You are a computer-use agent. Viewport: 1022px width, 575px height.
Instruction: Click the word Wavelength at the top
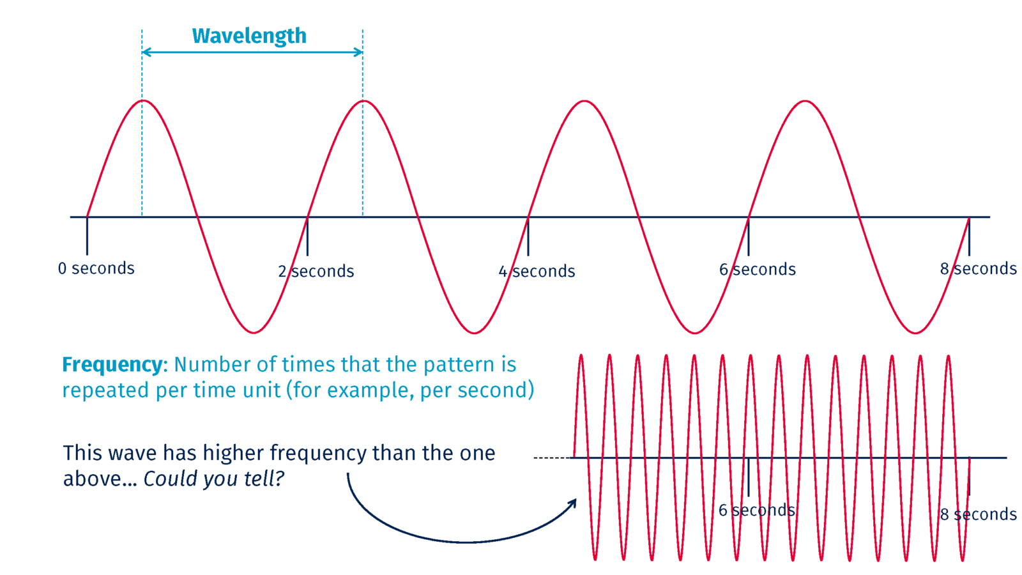click(249, 36)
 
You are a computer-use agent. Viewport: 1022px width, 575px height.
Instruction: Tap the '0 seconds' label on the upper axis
click(96, 268)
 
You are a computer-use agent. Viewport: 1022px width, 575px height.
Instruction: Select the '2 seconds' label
click(316, 271)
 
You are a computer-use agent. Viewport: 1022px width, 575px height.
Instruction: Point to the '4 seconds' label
click(537, 271)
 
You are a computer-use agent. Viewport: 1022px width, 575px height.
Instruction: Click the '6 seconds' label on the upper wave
click(758, 269)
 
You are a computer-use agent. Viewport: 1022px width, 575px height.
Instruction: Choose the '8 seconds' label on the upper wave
click(978, 268)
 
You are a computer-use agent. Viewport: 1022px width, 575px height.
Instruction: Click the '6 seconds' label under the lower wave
click(756, 510)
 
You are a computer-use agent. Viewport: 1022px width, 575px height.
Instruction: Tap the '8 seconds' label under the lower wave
click(978, 514)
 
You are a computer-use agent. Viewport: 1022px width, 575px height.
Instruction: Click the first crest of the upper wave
click(143, 101)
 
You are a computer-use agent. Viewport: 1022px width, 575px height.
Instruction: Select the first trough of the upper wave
click(254, 332)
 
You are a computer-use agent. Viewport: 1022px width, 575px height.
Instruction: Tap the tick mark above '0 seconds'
click(87, 236)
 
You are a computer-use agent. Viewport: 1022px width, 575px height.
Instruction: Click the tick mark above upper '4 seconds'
click(528, 236)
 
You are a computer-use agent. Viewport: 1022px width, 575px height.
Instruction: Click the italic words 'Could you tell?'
click(213, 479)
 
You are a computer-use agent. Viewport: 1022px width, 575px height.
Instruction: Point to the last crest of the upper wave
click(805, 101)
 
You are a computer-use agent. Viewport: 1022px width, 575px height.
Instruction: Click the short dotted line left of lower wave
click(552, 457)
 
